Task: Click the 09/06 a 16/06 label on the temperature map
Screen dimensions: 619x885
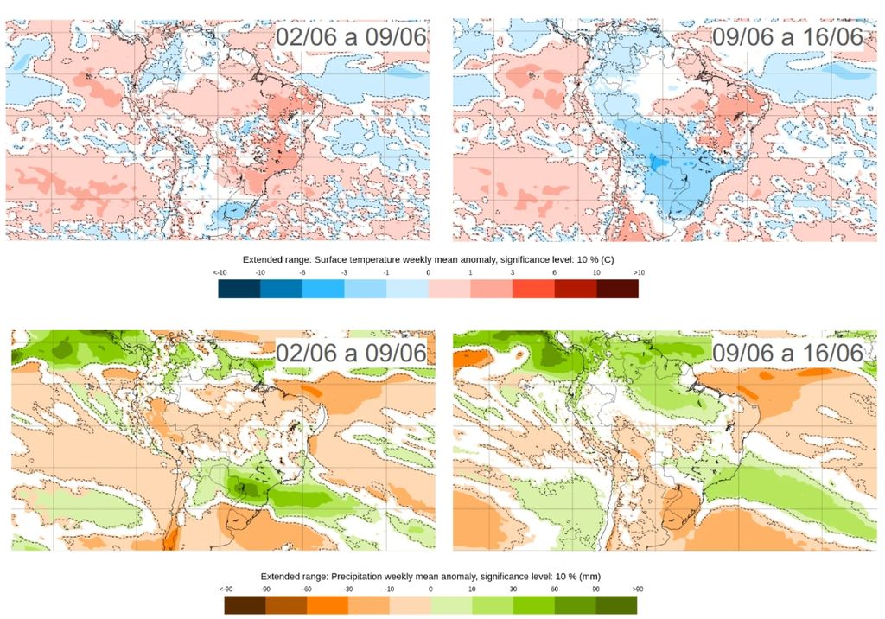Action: point(787,37)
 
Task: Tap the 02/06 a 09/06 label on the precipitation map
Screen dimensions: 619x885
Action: point(351,353)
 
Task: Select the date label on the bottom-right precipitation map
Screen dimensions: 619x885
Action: point(787,353)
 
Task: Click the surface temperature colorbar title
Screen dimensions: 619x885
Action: point(428,259)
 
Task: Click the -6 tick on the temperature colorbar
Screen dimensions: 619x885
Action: point(302,273)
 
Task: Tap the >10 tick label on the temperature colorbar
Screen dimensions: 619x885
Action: point(638,273)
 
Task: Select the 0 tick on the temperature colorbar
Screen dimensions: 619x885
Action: point(428,273)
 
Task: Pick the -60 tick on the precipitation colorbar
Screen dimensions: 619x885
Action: point(307,589)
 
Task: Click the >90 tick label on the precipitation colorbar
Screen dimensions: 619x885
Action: point(637,589)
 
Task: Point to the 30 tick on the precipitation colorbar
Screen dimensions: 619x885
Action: point(513,589)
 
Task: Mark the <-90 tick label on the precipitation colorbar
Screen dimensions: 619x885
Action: point(226,589)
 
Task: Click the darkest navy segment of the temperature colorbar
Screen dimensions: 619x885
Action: point(239,290)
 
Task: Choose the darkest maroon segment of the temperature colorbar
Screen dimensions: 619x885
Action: point(617,290)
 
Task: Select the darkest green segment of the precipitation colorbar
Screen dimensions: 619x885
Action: point(616,605)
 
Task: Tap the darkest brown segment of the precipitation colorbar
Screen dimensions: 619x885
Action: point(245,605)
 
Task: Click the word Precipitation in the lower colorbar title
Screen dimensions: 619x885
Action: point(345,576)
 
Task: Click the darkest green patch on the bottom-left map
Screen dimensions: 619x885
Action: point(244,488)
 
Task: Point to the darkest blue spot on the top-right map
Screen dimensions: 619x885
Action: point(659,163)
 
